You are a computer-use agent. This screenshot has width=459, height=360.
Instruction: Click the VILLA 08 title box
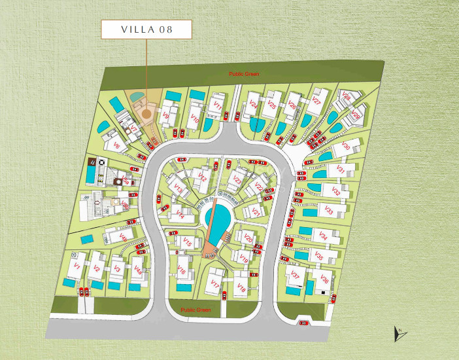coord(146,29)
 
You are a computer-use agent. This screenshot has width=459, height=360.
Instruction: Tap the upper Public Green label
coord(244,75)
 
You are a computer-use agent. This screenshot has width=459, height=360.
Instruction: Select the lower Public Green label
coord(195,310)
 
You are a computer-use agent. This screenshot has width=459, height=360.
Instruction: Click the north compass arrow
coord(399,334)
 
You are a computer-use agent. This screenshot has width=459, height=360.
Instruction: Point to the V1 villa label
coord(76,267)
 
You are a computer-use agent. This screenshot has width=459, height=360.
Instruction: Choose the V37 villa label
coord(295,275)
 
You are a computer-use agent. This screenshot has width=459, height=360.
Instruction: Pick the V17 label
coord(214,283)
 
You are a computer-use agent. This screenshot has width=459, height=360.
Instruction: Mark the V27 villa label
coord(316,101)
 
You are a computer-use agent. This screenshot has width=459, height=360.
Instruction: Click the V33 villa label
coord(330,211)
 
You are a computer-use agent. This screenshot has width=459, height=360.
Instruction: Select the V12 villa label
coord(203,178)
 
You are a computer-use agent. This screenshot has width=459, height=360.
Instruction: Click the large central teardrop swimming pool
coord(217,214)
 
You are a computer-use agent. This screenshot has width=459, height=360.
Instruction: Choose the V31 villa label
coord(340,170)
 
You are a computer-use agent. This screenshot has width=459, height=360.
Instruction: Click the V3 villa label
coord(117,268)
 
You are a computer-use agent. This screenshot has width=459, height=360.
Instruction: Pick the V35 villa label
coord(319,256)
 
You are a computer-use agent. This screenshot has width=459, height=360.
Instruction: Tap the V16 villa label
coord(181,272)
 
